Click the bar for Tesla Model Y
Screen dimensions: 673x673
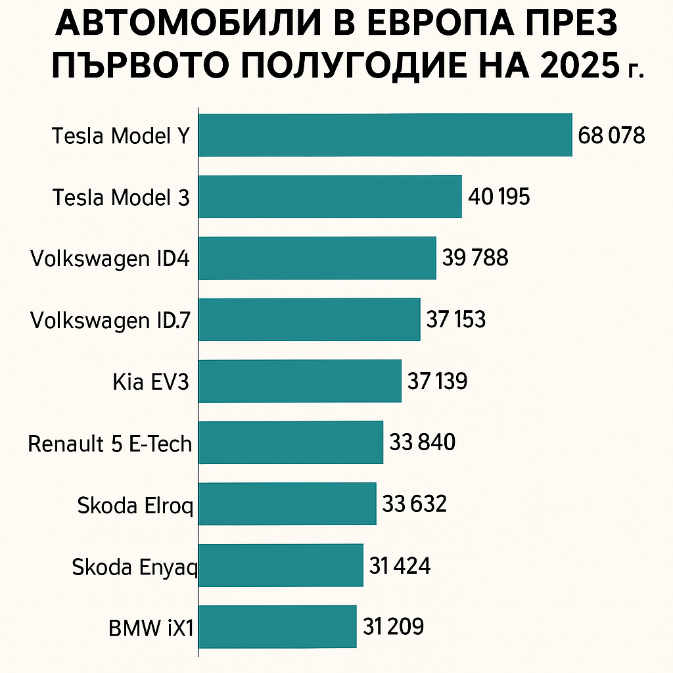385,135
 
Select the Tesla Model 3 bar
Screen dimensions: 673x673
330,197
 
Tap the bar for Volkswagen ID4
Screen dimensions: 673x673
317,258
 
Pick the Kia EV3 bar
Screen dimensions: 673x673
300,381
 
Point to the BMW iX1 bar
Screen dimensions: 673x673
277,627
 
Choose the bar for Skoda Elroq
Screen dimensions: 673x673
287,504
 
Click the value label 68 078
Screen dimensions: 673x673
612,135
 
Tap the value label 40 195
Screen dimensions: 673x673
499,197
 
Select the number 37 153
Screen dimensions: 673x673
456,319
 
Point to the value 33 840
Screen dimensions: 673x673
422,442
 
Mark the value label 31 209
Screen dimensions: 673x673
393,626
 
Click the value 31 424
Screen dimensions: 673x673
400,565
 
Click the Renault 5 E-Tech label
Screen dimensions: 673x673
110,444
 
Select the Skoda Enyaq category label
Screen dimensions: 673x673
135,568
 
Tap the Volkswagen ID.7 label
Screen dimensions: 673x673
110,321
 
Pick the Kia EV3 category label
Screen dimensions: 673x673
151,383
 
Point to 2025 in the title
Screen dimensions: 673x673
580,68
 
